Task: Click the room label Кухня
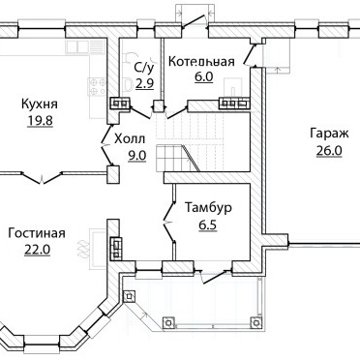[40, 105]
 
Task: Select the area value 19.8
[40, 121]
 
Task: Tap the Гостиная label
[37, 233]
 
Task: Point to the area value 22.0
[37, 250]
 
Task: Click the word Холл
[130, 139]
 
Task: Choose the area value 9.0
[137, 156]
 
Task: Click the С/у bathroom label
[144, 68]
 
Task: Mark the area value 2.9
[144, 84]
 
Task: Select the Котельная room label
[201, 61]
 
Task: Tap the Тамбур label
[208, 207]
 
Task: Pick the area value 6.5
[207, 225]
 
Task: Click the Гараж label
[329, 133]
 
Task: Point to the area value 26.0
[329, 151]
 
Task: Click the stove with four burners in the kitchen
[98, 87]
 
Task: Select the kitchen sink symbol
[77, 47]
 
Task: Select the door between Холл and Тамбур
[168, 222]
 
